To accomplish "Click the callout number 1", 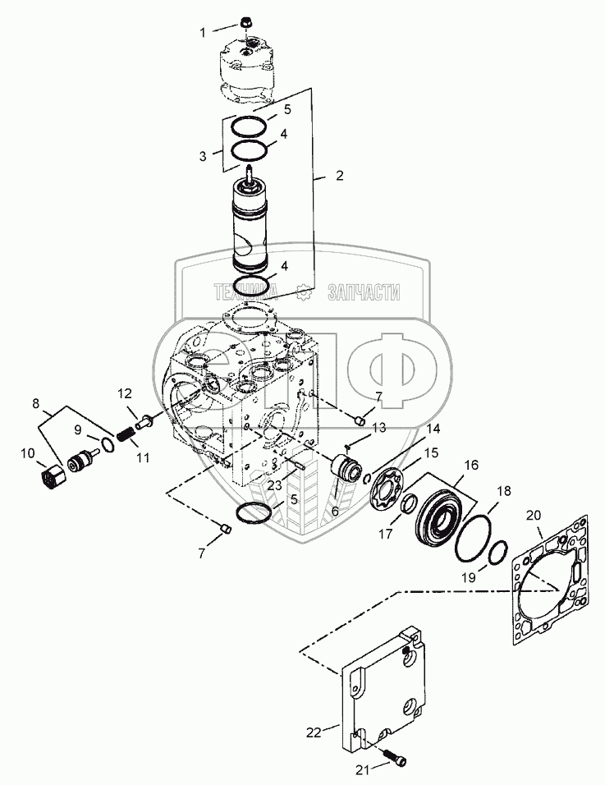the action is (x=204, y=32).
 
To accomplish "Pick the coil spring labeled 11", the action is (x=127, y=430).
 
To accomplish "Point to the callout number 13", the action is (x=379, y=428).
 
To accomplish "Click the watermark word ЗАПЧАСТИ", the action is (x=363, y=292).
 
